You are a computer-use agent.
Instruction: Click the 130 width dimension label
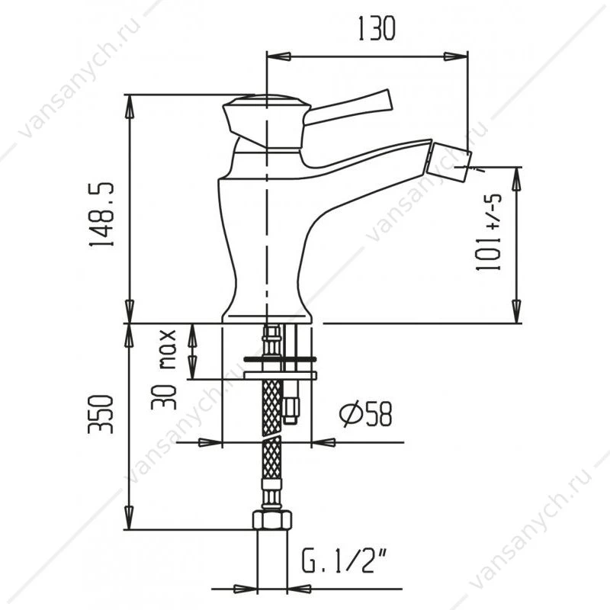[376, 29]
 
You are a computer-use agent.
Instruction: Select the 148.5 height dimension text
[102, 214]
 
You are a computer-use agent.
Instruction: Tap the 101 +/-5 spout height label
[489, 232]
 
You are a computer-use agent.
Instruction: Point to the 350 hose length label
[101, 414]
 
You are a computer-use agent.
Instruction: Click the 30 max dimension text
[164, 369]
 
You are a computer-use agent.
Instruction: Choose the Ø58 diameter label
[366, 414]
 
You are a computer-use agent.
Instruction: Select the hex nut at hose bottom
[272, 520]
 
